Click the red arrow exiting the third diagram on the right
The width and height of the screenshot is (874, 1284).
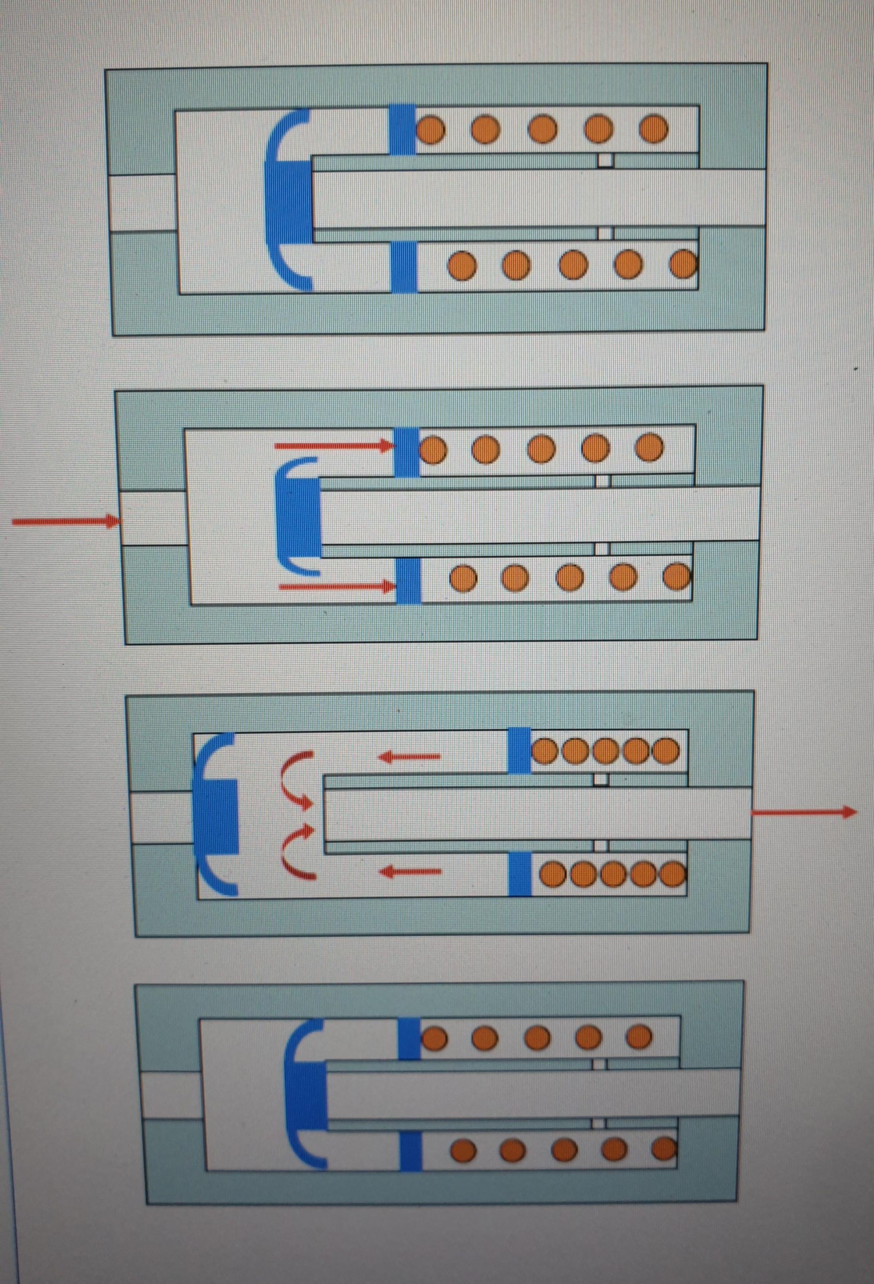click(804, 812)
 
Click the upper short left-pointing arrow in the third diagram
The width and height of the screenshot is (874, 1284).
click(410, 755)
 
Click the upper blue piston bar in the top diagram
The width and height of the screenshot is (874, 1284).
click(402, 129)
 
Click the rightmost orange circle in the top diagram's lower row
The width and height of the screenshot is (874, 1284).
click(683, 264)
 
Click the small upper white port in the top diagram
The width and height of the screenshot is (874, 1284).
click(605, 160)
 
